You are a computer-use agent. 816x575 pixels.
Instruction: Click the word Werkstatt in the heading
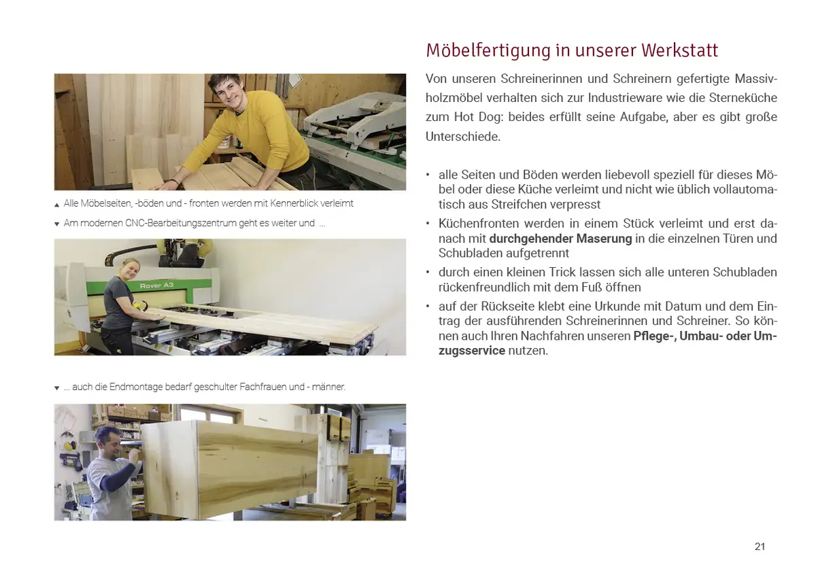point(681,50)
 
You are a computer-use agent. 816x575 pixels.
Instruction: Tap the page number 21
point(760,546)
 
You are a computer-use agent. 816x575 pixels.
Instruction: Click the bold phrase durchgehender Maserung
point(560,239)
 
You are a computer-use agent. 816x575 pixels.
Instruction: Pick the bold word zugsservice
point(472,351)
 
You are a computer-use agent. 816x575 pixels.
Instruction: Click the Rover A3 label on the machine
point(156,285)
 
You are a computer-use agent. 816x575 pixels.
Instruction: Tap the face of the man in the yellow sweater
point(225,91)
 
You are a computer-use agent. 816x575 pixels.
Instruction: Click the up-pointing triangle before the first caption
point(57,205)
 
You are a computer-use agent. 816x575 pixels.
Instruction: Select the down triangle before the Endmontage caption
point(57,388)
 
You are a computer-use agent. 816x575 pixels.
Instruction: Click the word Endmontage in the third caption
point(135,387)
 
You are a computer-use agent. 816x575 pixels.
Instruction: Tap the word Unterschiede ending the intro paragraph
point(463,137)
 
